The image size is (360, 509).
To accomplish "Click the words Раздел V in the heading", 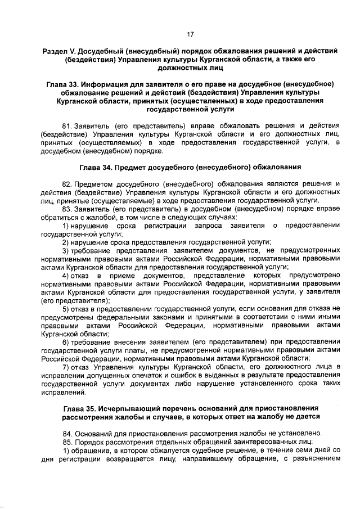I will coord(60,51).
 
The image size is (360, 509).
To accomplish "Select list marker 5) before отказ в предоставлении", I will coord(66,308).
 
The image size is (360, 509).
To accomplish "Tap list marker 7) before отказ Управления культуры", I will coord(66,367).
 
